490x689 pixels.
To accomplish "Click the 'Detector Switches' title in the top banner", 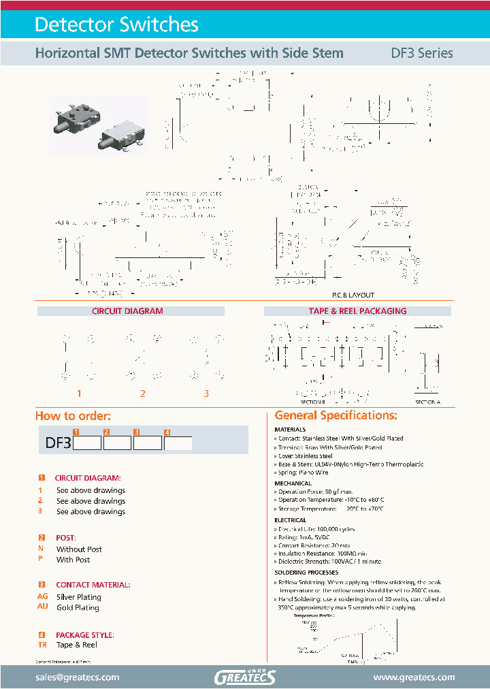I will tap(116, 25).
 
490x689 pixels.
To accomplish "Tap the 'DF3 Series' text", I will tap(421, 53).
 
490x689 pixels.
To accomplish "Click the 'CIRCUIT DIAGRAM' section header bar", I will tap(127, 311).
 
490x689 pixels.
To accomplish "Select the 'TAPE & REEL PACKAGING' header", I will tap(357, 311).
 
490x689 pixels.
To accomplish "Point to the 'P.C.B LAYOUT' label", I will tap(353, 295).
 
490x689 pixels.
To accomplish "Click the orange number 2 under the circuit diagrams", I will tap(143, 394).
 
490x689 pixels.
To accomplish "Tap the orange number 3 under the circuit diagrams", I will tap(206, 394).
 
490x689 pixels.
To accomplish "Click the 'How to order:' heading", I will tap(73, 416).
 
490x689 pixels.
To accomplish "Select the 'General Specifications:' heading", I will tap(336, 415).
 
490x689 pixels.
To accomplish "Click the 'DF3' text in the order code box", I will tap(58, 443).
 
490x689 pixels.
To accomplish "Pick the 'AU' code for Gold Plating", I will tap(42, 607).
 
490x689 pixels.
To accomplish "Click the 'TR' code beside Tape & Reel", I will tap(42, 645).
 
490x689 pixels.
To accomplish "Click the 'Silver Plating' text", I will tap(78, 596).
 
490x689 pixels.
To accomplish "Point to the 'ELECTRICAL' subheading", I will tap(290, 520).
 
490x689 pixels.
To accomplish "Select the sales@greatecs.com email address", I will tap(77, 677).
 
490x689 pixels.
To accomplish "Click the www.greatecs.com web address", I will tap(414, 677).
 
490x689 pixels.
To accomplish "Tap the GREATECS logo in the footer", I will tap(244, 677).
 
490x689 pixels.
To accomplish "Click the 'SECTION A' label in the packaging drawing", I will tap(427, 402).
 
